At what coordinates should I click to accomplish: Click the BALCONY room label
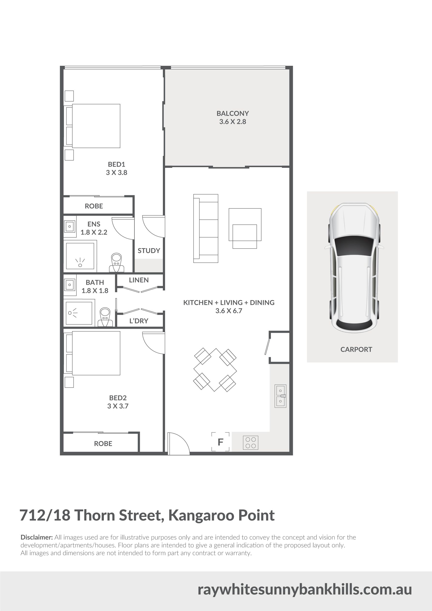(233, 113)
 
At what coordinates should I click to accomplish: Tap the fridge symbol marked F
(220, 442)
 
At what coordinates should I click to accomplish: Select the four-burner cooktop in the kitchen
(250, 443)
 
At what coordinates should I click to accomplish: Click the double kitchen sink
(280, 396)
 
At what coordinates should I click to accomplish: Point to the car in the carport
(354, 268)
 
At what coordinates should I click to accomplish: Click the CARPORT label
(356, 350)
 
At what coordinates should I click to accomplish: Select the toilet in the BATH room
(105, 317)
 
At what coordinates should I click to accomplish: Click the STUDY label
(149, 250)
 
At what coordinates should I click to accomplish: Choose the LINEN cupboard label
(139, 280)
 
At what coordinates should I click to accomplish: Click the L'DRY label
(138, 321)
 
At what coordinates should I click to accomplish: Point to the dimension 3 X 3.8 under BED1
(116, 172)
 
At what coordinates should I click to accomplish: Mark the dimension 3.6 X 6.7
(229, 311)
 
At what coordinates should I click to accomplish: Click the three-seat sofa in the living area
(206, 228)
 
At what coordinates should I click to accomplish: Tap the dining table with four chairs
(215, 370)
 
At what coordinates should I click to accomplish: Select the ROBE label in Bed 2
(103, 444)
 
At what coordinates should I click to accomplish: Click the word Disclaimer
(37, 537)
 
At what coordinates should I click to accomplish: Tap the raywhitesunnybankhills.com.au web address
(305, 589)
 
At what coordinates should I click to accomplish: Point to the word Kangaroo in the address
(201, 515)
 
